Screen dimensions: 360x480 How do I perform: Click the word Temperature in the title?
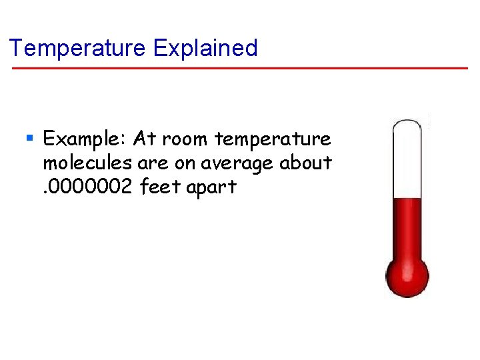(77, 48)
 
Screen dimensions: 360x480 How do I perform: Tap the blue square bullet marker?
(29, 139)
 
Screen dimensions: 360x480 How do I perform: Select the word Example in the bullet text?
(85, 139)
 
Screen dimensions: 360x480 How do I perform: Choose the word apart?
(211, 187)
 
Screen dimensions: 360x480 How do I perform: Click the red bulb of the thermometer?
(407, 274)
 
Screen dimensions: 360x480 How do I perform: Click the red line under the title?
(240, 68)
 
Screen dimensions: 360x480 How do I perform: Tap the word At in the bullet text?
(145, 139)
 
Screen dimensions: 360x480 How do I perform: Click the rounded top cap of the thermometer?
(407, 123)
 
